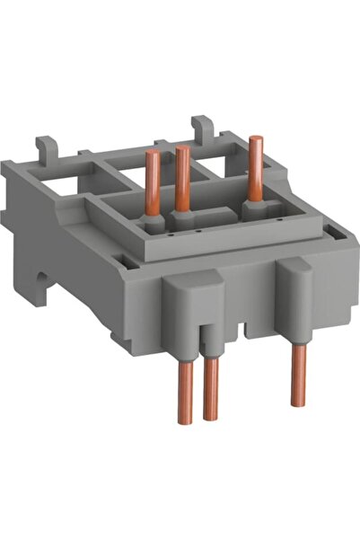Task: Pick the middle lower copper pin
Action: [212, 387]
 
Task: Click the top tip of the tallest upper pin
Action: [256, 139]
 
